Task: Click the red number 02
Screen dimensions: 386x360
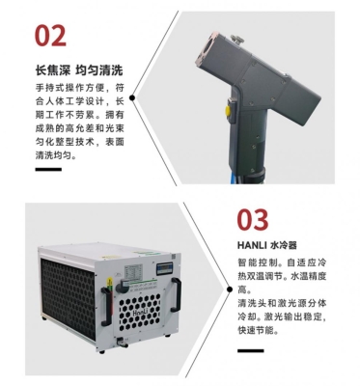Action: point(51,35)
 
